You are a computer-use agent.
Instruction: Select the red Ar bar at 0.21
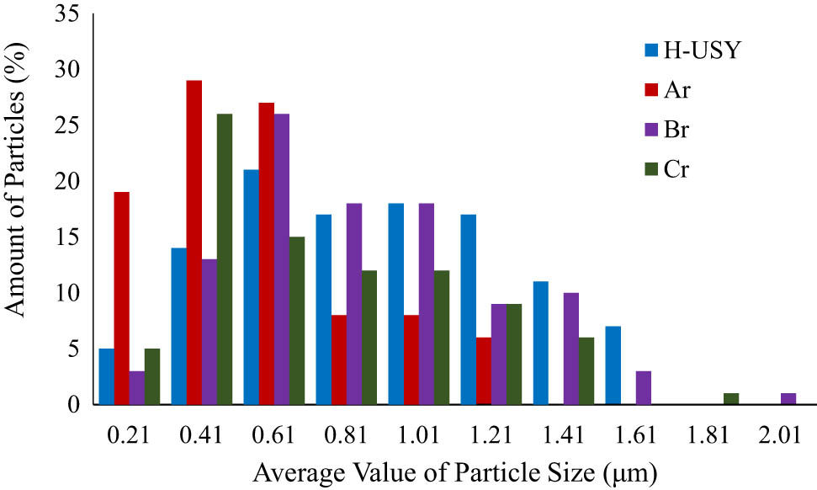(x=122, y=299)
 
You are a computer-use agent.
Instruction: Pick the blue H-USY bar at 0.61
(x=252, y=287)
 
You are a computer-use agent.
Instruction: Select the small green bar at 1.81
(x=730, y=399)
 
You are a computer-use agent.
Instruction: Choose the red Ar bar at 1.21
(x=484, y=371)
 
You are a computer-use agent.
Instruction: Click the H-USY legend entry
(x=687, y=50)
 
